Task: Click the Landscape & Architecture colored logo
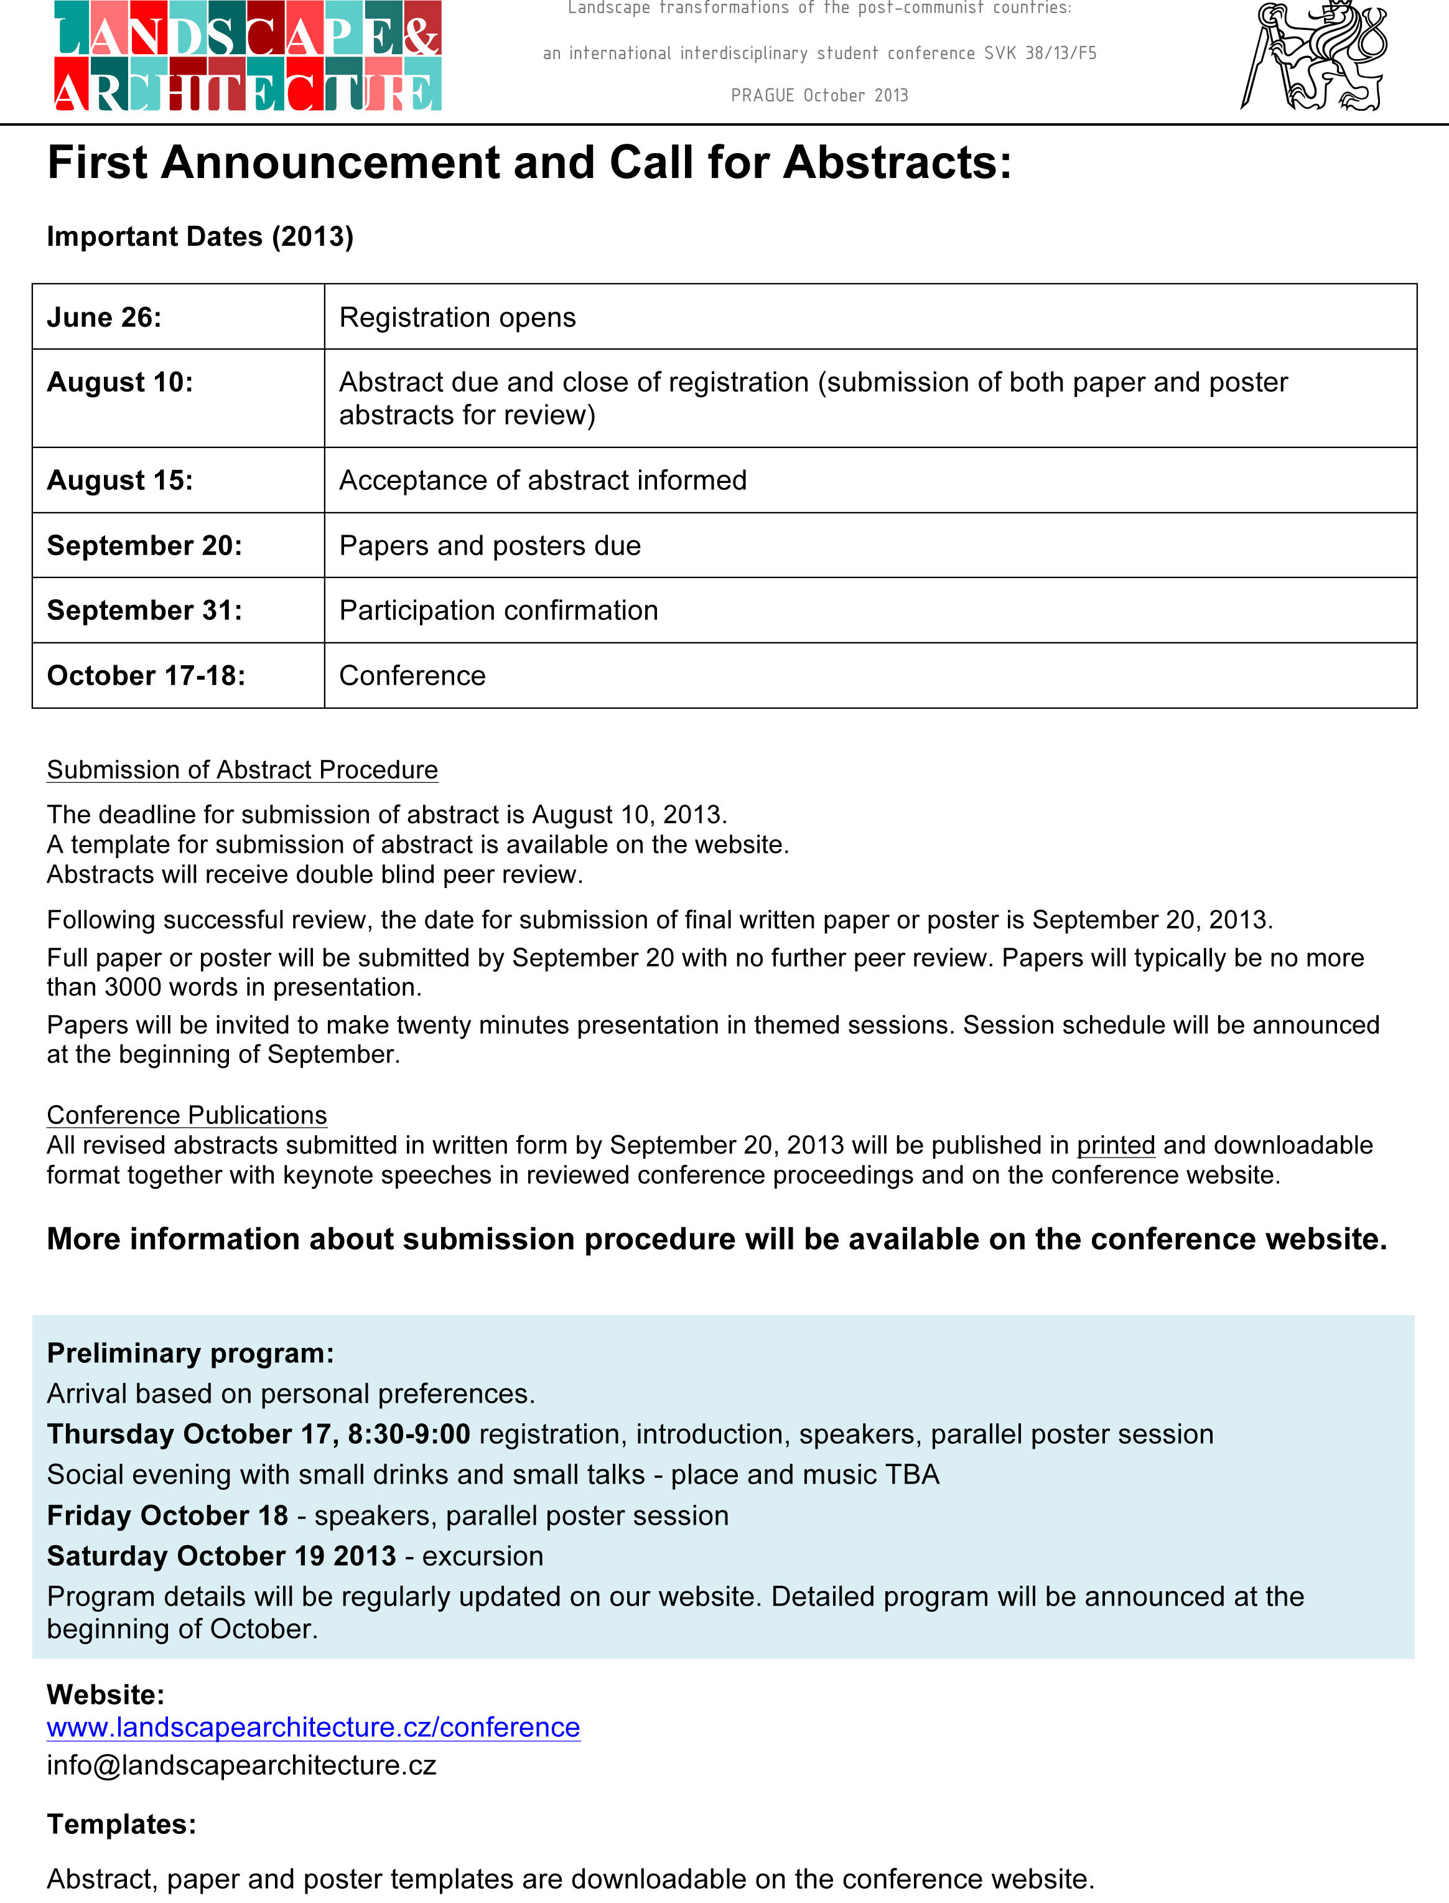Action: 248,56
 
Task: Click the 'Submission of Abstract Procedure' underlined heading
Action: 243,770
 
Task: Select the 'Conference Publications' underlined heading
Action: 186,1115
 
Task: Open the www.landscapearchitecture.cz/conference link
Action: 313,1727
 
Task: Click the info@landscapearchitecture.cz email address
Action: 241,1765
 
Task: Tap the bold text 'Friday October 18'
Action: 167,1515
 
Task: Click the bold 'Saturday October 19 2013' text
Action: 221,1555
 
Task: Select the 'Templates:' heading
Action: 121,1823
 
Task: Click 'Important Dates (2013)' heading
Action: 200,236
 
